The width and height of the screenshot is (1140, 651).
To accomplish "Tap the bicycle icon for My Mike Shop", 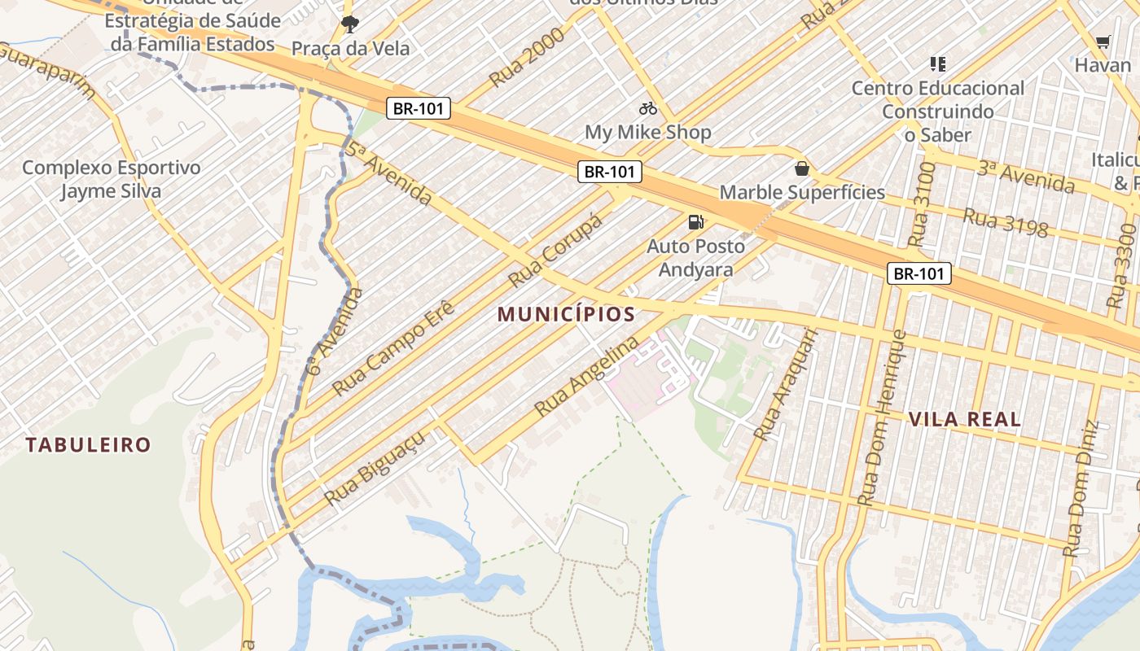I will [x=648, y=108].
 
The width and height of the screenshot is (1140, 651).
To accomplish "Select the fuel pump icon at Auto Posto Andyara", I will [x=695, y=221].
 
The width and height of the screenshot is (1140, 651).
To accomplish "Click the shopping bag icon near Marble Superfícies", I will [x=802, y=169].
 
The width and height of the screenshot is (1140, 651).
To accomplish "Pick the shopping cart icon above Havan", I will [x=1103, y=42].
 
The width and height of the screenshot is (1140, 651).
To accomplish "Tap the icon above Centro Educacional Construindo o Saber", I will [x=937, y=63].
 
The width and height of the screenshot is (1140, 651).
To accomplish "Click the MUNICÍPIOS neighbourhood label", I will [x=566, y=314].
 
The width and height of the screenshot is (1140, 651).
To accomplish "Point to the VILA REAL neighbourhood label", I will [x=964, y=420].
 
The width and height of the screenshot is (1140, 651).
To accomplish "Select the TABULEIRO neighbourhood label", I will [x=88, y=445].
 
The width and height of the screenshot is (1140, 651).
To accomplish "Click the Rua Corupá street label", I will [x=555, y=251].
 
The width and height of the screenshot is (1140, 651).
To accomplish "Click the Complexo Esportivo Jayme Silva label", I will [x=111, y=180].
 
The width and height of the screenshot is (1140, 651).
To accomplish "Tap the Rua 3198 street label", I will [x=1005, y=222].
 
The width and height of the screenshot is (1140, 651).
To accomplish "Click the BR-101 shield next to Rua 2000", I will [x=419, y=109].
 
